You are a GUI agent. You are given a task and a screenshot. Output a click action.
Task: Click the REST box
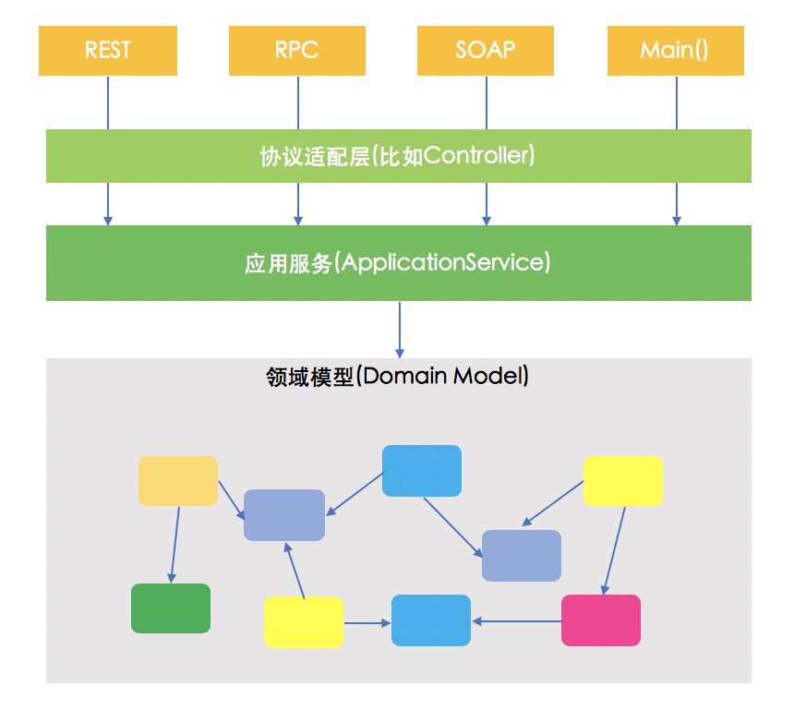108,51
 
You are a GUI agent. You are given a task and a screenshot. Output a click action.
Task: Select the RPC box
297,51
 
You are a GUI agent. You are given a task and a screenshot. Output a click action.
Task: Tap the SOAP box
486,51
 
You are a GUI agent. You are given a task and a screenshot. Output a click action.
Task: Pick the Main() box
675,51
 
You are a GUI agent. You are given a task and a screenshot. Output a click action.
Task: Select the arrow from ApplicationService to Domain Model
400,329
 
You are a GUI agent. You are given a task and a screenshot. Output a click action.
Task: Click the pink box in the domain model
600,620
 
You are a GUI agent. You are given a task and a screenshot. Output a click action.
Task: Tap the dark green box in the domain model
171,608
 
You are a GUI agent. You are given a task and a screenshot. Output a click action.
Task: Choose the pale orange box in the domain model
178,480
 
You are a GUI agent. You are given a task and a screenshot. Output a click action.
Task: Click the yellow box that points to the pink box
622,480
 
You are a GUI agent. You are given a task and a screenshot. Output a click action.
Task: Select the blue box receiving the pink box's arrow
431,620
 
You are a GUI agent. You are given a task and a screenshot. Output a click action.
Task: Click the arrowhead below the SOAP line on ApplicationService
487,220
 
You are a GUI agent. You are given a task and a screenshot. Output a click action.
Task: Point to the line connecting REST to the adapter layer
108,102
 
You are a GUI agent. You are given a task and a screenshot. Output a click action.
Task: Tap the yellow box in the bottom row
303,621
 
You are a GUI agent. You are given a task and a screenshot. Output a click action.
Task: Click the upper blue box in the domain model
421,470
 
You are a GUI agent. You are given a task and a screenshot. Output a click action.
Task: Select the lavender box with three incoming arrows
284,514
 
